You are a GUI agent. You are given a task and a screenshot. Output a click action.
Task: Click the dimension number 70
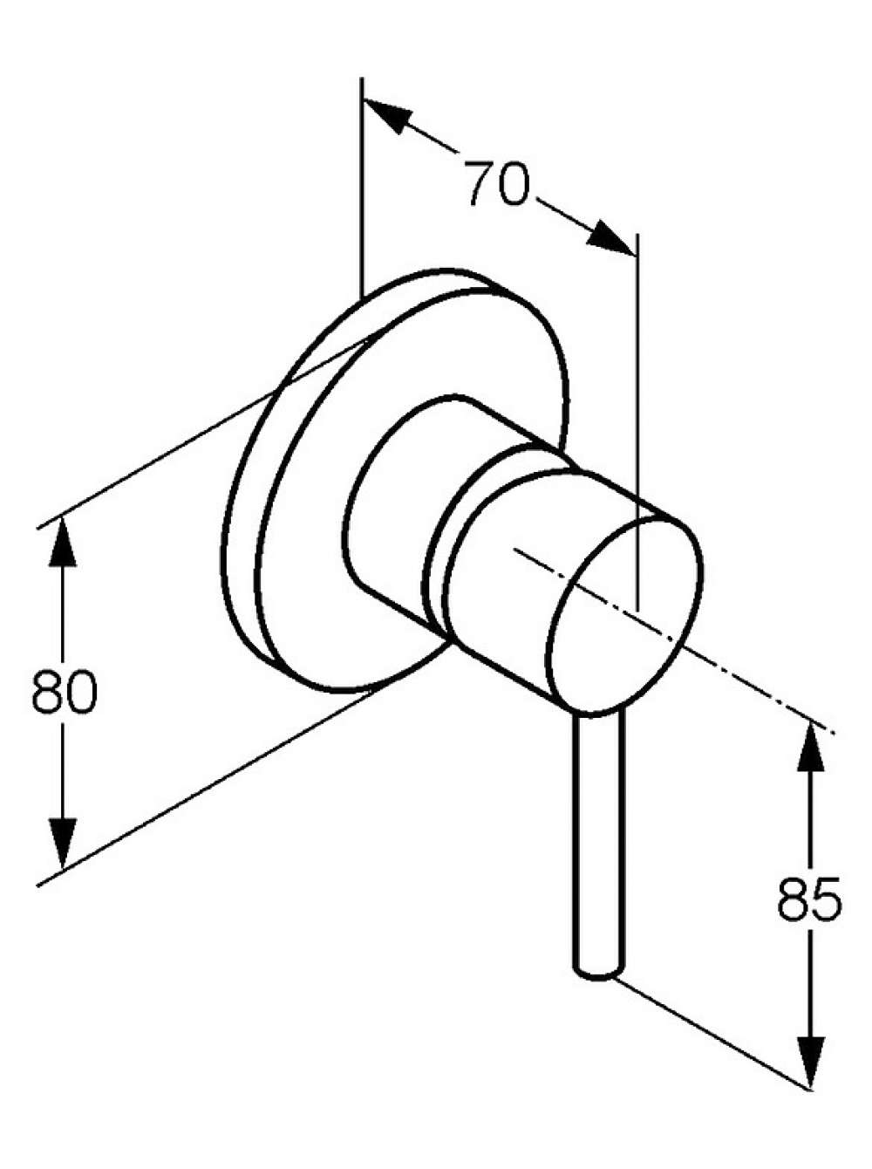coord(498,182)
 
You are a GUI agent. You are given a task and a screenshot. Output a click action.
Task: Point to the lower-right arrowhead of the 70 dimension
coord(611,238)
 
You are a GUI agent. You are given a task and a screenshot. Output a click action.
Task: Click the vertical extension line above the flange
coord(362,188)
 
